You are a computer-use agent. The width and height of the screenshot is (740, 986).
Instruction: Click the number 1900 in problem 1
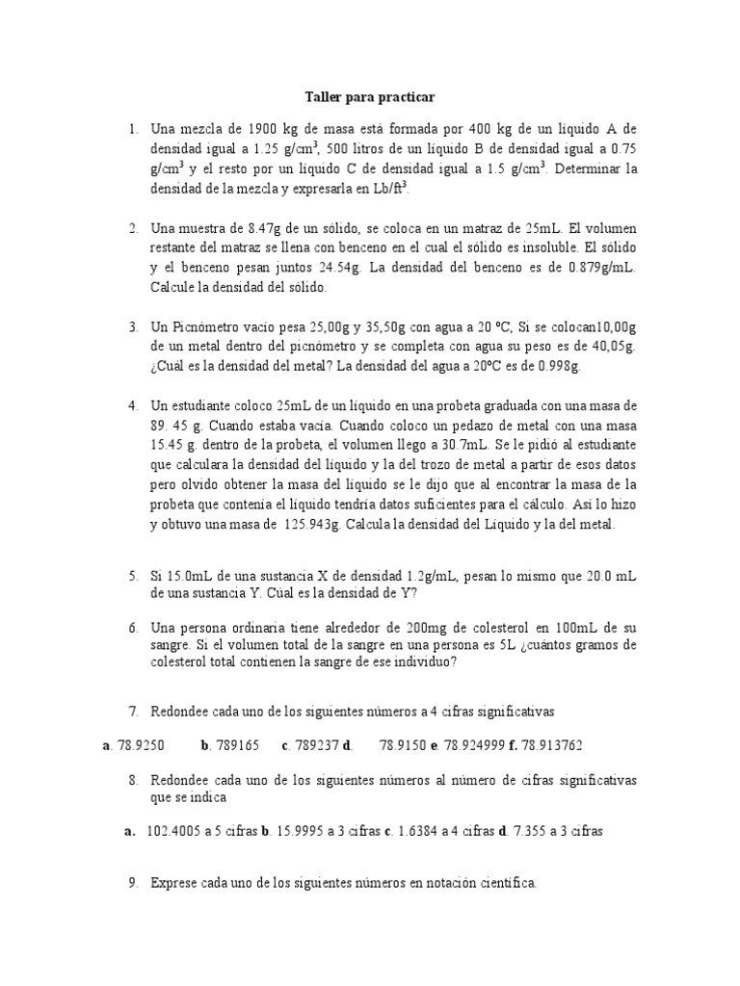click(x=263, y=128)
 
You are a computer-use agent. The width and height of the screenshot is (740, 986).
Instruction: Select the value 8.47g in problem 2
click(x=266, y=229)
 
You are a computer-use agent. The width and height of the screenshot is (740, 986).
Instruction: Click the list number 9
click(x=134, y=882)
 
